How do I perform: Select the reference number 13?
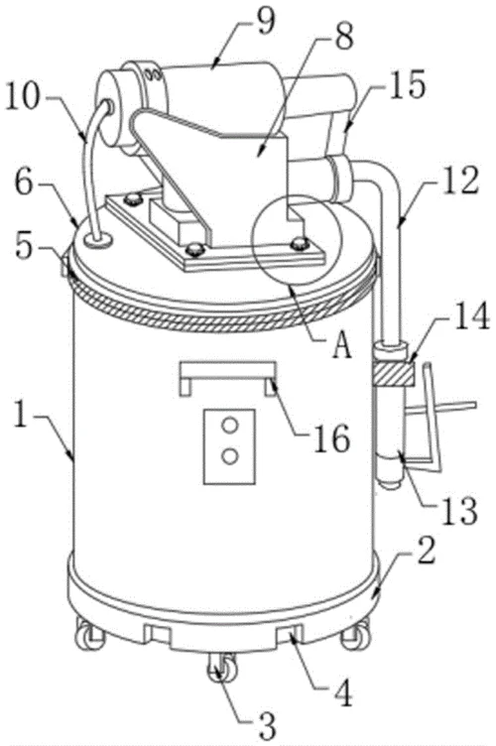pos(460,510)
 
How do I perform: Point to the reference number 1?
pos(20,414)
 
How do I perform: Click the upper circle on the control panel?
pos(230,426)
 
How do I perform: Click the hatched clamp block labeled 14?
pos(394,374)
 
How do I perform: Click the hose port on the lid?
pos(98,240)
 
